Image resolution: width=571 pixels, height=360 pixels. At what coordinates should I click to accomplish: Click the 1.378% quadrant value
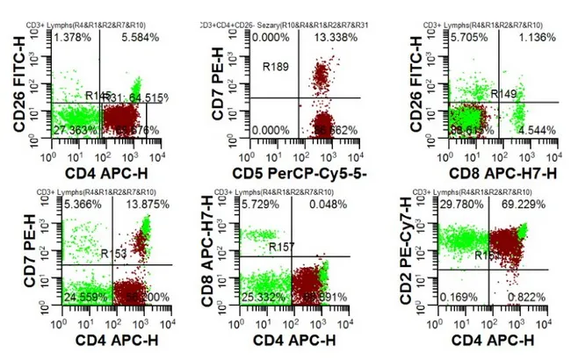click(72, 40)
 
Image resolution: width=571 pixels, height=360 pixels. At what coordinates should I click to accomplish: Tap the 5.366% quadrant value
click(73, 204)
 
